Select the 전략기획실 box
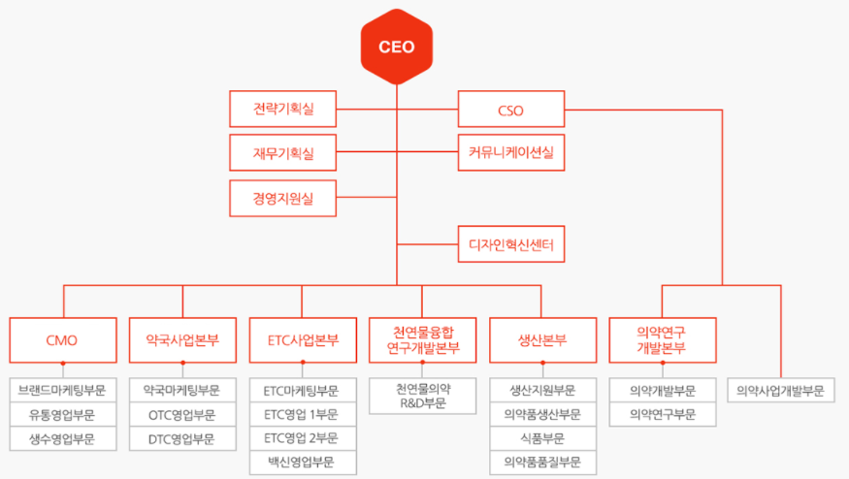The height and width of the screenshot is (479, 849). [283, 109]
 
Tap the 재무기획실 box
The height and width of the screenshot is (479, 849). [283, 153]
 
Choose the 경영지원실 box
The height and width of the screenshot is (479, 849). [283, 198]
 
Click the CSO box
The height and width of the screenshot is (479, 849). [510, 110]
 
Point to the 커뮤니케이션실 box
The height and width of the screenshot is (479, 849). [510, 153]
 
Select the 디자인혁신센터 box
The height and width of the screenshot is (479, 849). [510, 243]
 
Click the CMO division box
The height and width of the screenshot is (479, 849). [62, 340]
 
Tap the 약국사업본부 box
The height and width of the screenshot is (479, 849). [182, 340]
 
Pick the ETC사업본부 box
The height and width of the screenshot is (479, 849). [303, 340]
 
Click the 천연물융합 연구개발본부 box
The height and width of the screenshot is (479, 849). [422, 340]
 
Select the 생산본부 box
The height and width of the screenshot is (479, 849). [542, 340]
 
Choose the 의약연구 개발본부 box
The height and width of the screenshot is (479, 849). [663, 340]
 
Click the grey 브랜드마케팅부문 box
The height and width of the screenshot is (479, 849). [62, 391]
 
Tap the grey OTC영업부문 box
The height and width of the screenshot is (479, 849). [182, 415]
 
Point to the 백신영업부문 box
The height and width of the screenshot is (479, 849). [303, 463]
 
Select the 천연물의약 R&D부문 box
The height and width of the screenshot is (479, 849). [422, 396]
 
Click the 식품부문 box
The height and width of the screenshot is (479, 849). [542, 438]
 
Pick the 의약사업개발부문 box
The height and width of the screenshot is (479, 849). [781, 391]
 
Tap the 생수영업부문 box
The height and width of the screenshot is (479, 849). [62, 438]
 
